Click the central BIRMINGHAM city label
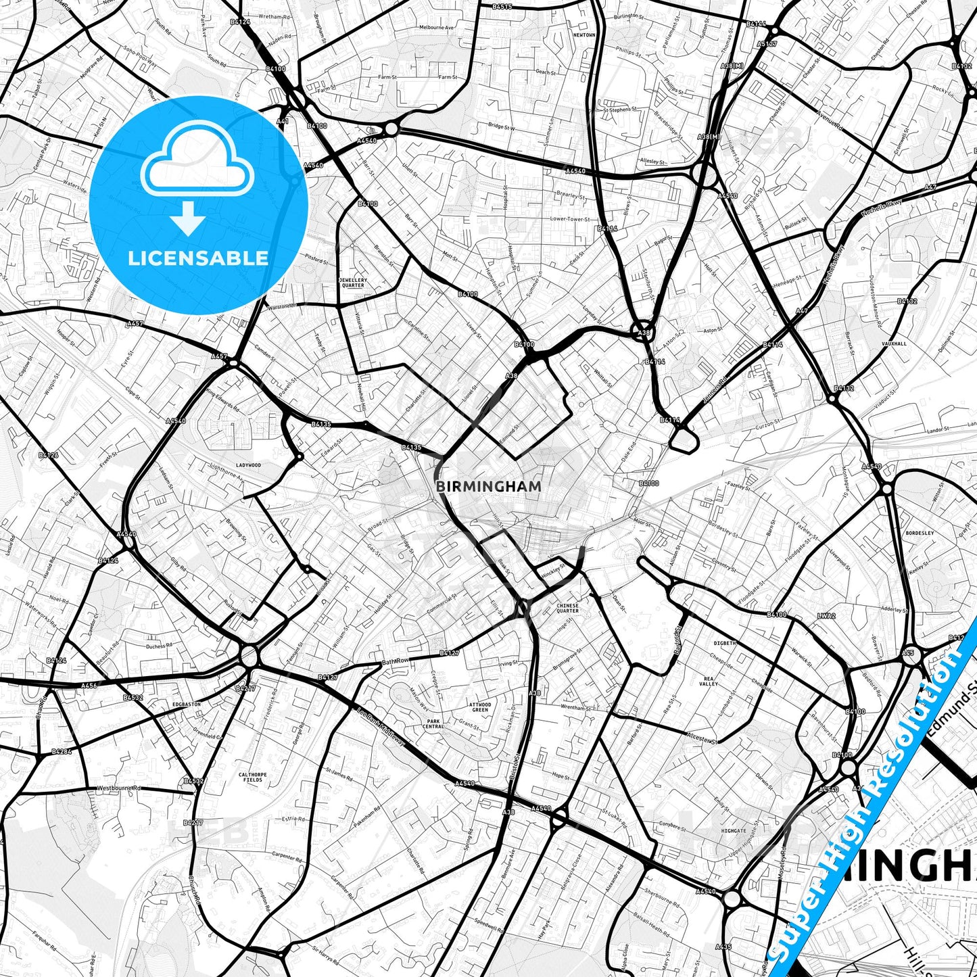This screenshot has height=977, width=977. click(488, 485)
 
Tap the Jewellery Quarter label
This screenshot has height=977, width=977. click(353, 283)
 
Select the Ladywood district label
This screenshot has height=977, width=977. click(248, 465)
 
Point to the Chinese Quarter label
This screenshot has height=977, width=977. click(567, 608)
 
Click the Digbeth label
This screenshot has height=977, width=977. click(724, 643)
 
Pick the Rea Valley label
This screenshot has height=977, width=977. click(709, 681)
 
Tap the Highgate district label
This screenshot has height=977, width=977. click(734, 831)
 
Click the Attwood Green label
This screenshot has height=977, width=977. click(480, 707)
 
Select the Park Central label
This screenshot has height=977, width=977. click(433, 724)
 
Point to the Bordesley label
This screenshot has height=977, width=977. click(920, 533)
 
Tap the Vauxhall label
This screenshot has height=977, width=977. click(894, 343)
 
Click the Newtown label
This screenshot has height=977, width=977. click(584, 34)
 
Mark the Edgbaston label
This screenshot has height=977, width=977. click(187, 704)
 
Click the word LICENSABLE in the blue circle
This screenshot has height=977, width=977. click(198, 258)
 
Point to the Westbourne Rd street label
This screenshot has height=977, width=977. click(118, 788)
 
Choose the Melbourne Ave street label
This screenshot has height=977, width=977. click(437, 28)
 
